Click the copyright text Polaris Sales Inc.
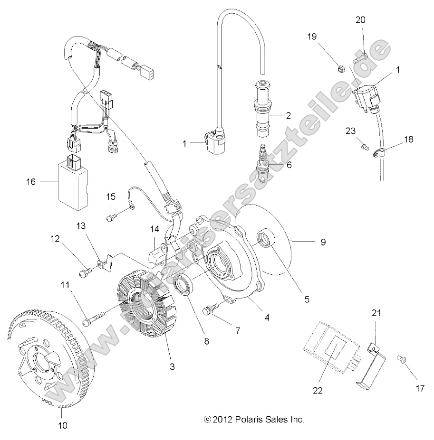253,419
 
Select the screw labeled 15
112,217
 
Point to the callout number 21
376,313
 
